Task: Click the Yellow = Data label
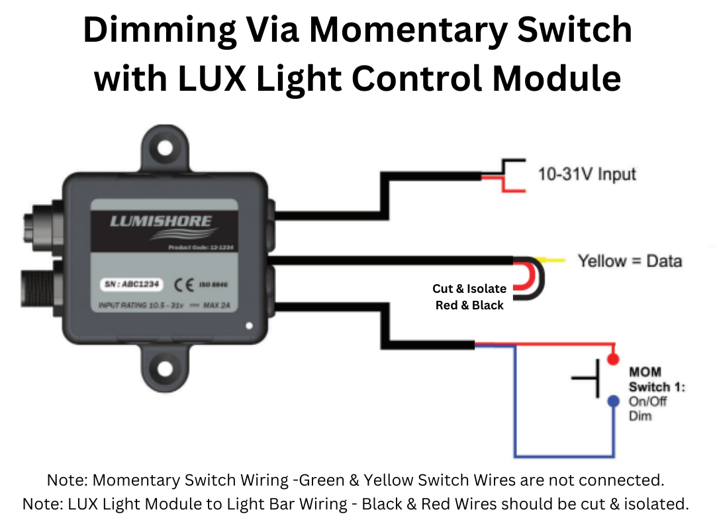tap(630, 261)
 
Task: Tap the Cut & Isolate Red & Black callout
tap(469, 297)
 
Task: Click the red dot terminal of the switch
tap(614, 358)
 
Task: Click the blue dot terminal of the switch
tap(614, 401)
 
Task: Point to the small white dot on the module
tap(248, 326)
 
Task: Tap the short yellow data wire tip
tap(555, 260)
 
